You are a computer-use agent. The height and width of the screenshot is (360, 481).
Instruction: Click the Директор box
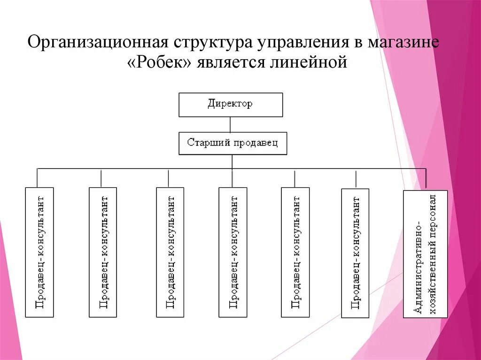coord(230,105)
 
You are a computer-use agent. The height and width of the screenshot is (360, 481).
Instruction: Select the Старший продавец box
coord(233,143)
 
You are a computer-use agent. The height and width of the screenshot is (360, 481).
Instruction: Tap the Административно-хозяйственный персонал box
coord(425,254)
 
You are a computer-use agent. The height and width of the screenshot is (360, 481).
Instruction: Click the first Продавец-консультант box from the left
coord(39,252)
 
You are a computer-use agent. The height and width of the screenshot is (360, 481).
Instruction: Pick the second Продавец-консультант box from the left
coord(103,252)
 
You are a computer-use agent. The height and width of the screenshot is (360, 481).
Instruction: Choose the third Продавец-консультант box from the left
coord(170,252)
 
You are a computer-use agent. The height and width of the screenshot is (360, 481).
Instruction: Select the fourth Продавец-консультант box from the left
coord(233,252)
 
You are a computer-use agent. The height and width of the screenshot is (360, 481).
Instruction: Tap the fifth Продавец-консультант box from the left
coord(295,252)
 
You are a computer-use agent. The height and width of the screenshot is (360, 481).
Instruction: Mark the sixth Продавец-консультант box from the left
coord(355,253)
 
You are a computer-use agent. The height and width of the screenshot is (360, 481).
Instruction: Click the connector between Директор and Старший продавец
coord(230,124)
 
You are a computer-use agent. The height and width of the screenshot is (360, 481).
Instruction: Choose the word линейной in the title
coord(308,62)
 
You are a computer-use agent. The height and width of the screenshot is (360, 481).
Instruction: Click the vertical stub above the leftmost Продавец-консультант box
coord(37,178)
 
